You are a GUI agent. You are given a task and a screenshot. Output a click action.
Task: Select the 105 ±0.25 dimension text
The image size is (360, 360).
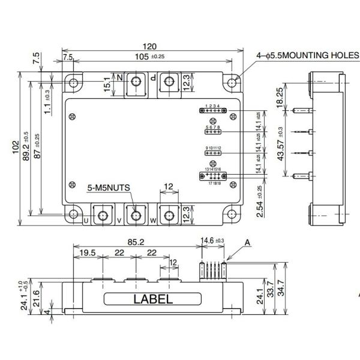[150, 56]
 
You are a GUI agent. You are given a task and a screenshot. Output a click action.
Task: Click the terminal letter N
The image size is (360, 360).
[119, 78]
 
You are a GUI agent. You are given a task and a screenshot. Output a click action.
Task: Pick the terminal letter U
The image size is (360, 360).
[86, 220]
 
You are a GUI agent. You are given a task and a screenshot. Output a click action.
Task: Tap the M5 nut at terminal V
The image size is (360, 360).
[136, 214]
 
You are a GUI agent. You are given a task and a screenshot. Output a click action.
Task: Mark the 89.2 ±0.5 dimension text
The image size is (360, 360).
[26, 147]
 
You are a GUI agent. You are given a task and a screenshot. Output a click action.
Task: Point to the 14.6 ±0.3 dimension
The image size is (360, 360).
[214, 240]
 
